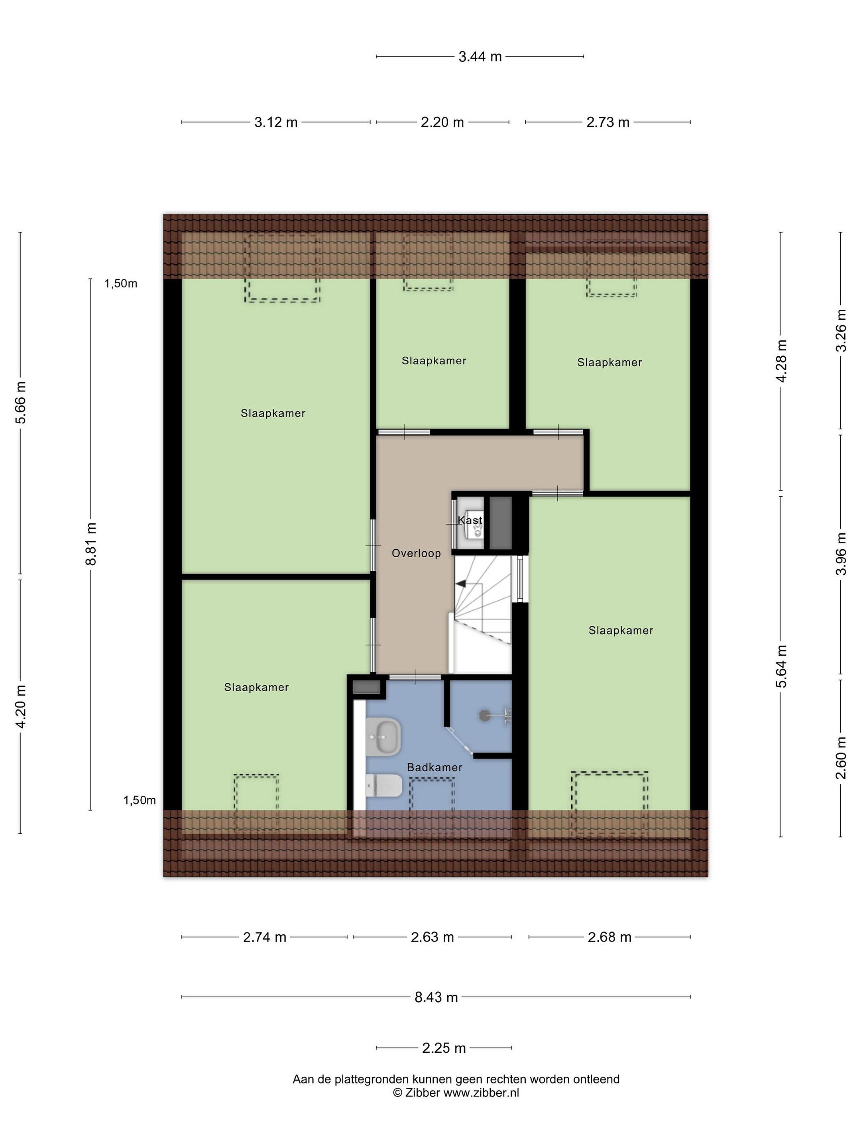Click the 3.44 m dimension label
pyautogui.click(x=480, y=57)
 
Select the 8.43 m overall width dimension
pyautogui.click(x=436, y=997)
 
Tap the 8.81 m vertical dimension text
pyautogui.click(x=91, y=544)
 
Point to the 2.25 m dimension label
pyautogui.click(x=444, y=1048)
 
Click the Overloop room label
pyautogui.click(x=416, y=553)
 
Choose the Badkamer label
pyautogui.click(x=434, y=767)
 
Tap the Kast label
pyautogui.click(x=470, y=520)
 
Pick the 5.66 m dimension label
pyautogui.click(x=21, y=403)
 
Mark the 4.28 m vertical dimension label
pyautogui.click(x=781, y=361)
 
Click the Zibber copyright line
pyautogui.click(x=456, y=1093)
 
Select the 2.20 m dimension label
pyautogui.click(x=442, y=122)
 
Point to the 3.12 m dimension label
pyautogui.click(x=275, y=122)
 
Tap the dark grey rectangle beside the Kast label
pyautogui.click(x=501, y=523)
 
